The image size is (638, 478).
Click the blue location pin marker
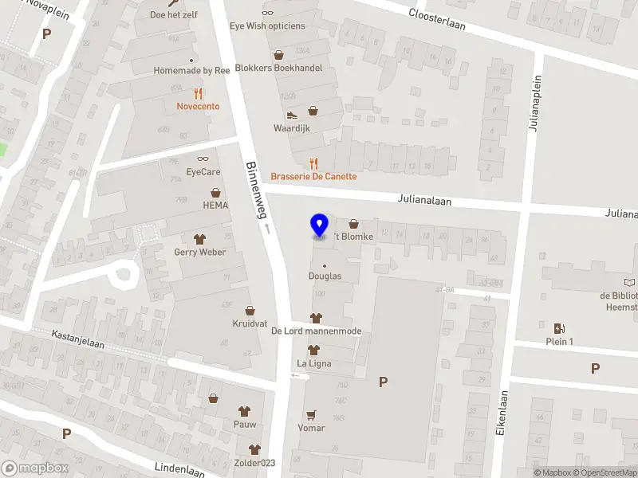point(319,225)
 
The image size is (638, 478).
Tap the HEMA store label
point(215,205)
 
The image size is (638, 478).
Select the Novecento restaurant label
point(198,106)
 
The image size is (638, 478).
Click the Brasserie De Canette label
point(313,176)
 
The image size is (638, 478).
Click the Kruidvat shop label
point(250,323)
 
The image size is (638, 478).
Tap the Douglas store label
point(325,276)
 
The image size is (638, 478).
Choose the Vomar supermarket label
point(311,428)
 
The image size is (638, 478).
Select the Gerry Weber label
point(199,252)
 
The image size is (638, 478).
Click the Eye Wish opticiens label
point(267,25)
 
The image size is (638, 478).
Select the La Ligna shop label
point(313,363)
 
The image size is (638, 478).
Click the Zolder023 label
point(254,464)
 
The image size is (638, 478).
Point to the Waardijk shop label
point(292,127)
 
